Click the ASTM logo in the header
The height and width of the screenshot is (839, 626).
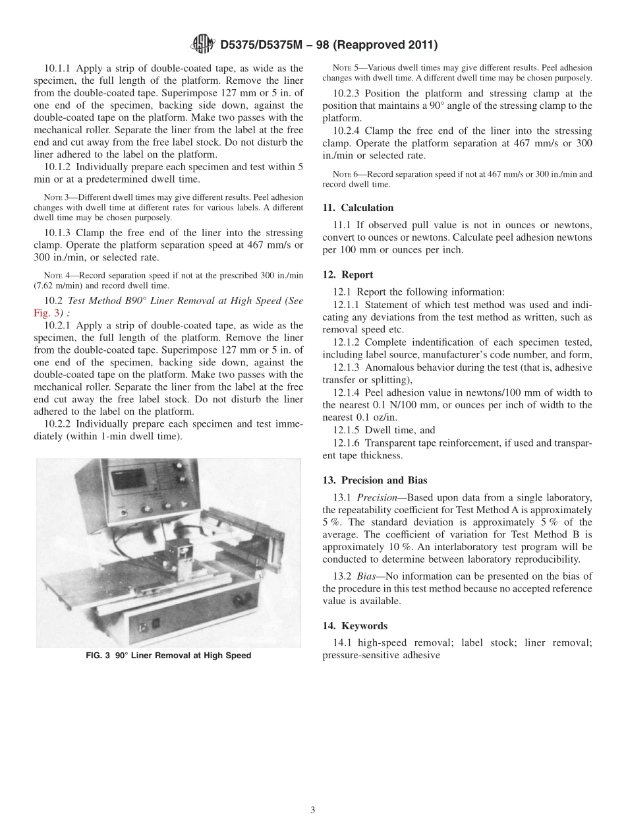click(x=203, y=44)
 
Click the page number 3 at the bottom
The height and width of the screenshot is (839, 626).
click(x=313, y=810)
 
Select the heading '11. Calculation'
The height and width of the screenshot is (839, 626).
click(x=358, y=208)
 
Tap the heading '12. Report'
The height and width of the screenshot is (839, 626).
click(x=348, y=274)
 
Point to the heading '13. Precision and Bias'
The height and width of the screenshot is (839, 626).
click(x=375, y=480)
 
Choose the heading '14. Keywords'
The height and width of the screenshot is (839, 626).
click(x=355, y=625)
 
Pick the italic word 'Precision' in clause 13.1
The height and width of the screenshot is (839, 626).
click(x=379, y=497)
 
